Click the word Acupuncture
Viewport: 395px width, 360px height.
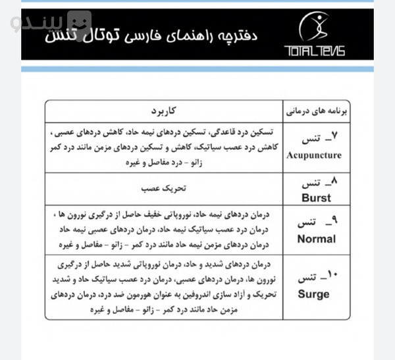click(315, 155)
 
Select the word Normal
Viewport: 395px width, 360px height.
click(316, 239)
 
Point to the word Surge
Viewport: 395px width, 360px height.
click(314, 294)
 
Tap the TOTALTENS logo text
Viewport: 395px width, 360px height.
click(314, 49)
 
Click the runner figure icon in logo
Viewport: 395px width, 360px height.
click(315, 27)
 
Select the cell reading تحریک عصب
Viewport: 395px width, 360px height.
click(165, 187)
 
